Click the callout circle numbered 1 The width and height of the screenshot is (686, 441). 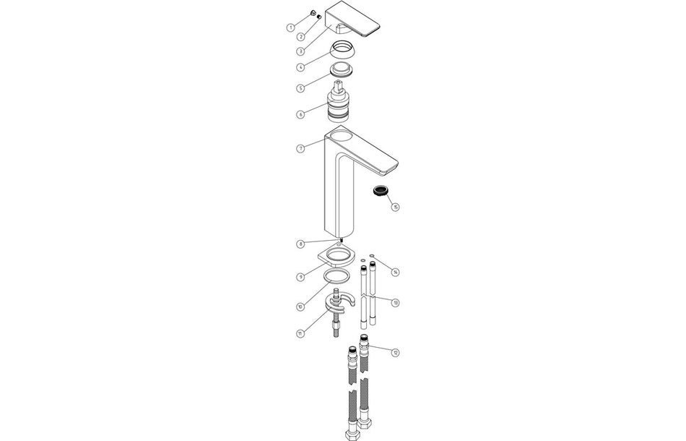290,27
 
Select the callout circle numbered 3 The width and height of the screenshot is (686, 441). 300,51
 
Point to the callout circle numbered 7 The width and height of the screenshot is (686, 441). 300,148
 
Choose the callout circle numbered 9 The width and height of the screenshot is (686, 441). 300,277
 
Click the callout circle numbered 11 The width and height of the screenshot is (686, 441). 300,333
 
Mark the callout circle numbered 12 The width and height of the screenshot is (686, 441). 395,352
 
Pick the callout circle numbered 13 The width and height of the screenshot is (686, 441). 395,302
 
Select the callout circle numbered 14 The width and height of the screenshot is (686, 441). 395,272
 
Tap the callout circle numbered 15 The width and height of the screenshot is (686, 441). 395,207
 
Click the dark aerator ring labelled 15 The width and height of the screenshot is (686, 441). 380,192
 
